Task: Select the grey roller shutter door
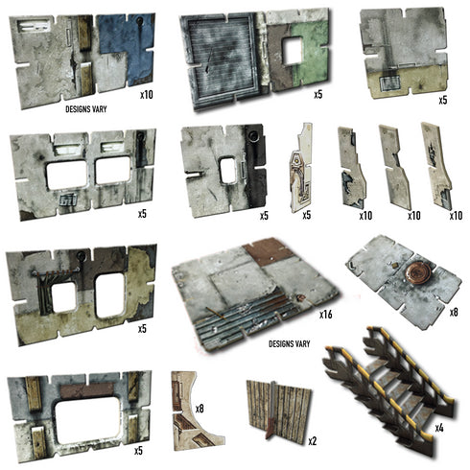(x=223, y=58)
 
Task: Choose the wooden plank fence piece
(x=273, y=410)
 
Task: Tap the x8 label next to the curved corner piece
(x=200, y=410)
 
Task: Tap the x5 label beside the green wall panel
(x=318, y=95)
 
